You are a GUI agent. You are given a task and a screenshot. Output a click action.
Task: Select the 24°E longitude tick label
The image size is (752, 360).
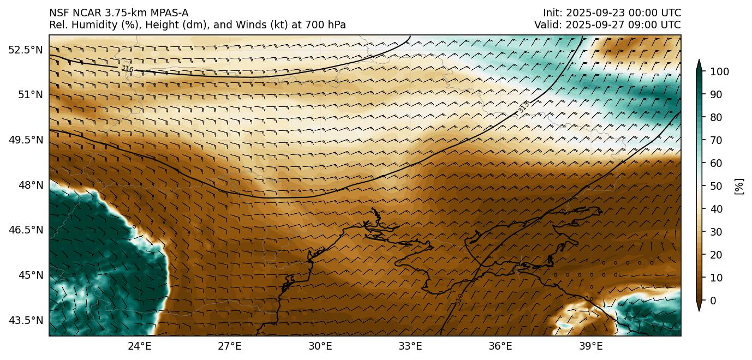[x=140, y=346]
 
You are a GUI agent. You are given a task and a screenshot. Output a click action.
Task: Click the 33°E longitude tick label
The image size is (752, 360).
[x=410, y=346]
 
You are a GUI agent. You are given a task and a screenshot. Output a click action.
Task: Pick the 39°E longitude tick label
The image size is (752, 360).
[x=590, y=346]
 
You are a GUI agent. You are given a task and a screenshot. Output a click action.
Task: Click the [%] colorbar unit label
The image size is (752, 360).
[x=739, y=186]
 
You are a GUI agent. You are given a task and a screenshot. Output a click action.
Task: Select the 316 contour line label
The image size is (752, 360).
[x=127, y=69]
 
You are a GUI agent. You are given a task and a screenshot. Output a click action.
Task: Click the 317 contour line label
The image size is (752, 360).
[x=523, y=108]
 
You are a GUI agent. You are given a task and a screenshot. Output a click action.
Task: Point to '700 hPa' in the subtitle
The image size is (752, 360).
[x=328, y=25]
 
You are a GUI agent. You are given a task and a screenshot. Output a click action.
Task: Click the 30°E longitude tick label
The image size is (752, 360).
[x=320, y=346]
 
